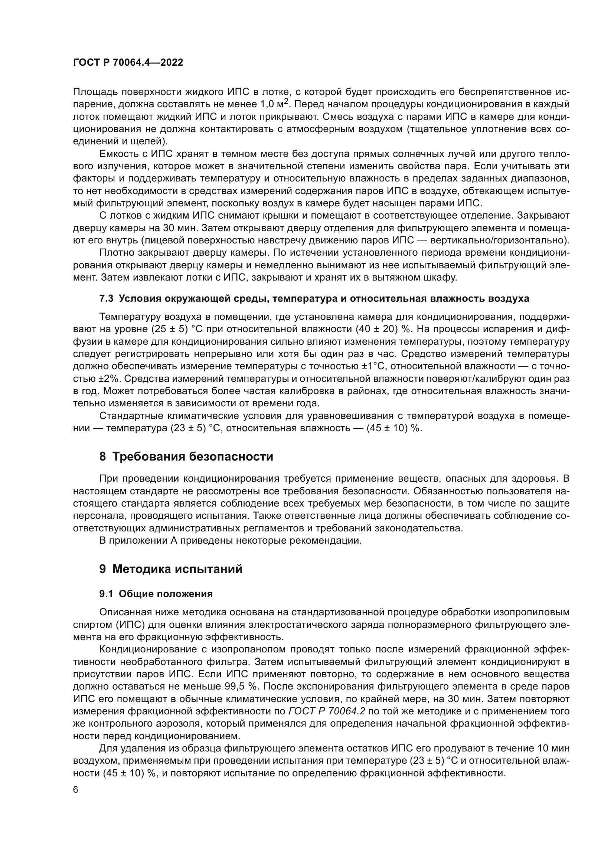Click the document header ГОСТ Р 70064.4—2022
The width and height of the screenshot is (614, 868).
(128, 63)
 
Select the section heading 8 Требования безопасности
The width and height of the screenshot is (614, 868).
(186, 457)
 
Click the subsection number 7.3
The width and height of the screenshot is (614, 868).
(106, 299)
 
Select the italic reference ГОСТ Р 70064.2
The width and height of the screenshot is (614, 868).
(327, 711)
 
